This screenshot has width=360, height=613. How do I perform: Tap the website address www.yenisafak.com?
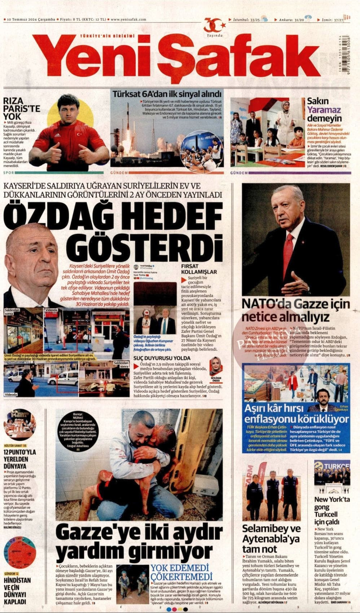pos(128,19)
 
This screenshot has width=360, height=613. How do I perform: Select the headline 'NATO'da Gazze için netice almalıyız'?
pos(295,310)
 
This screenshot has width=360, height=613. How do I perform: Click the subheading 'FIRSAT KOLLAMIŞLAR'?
pos(199,269)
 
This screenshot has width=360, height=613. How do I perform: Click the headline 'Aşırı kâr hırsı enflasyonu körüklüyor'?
pos(296,414)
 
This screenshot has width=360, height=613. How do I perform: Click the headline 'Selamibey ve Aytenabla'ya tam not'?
pos(271,539)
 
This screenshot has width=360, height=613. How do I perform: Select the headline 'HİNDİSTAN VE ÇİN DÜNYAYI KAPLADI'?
pos(17,591)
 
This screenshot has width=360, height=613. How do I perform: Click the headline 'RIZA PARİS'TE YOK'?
pos(22,108)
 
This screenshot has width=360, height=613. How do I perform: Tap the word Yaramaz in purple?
pos(324,110)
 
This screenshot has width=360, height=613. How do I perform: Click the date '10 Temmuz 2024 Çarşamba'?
pos(31,19)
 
